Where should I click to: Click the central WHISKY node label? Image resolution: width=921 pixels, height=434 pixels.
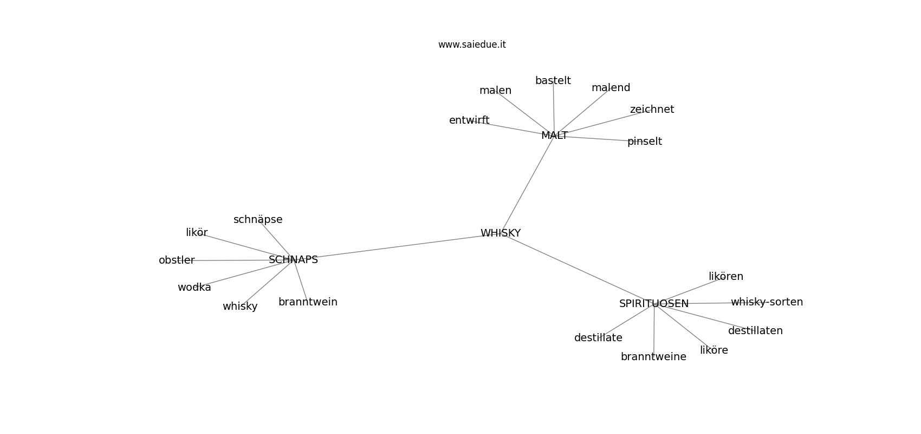[x=501, y=233]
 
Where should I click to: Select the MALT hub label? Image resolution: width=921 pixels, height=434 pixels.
[x=554, y=136]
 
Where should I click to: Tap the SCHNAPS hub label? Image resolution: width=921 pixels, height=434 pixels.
[x=293, y=260]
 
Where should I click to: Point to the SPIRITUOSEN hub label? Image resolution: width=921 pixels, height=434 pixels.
[x=654, y=304]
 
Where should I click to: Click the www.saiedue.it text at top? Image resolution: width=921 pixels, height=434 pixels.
[x=472, y=44]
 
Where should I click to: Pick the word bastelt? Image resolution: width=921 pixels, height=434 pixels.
[x=553, y=81]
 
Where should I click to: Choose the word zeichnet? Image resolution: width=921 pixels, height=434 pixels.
[x=652, y=110]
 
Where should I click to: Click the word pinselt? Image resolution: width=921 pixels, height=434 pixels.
[x=645, y=142]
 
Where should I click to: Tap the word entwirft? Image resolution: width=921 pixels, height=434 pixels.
[x=469, y=120]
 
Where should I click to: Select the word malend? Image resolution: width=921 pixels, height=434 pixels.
[x=611, y=88]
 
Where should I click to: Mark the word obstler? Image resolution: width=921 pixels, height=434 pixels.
[x=177, y=260]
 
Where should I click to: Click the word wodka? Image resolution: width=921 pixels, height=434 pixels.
[x=194, y=288]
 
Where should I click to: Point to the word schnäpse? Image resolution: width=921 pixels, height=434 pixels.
[x=258, y=220]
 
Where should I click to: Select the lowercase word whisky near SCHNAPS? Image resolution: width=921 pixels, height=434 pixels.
[x=240, y=307]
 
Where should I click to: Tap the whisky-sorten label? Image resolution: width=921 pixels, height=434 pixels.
[x=767, y=302]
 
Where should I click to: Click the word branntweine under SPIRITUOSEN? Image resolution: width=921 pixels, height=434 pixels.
[x=653, y=357]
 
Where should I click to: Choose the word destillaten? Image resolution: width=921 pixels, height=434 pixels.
[x=755, y=331]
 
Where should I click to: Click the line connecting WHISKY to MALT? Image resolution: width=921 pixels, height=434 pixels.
[x=528, y=184]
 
